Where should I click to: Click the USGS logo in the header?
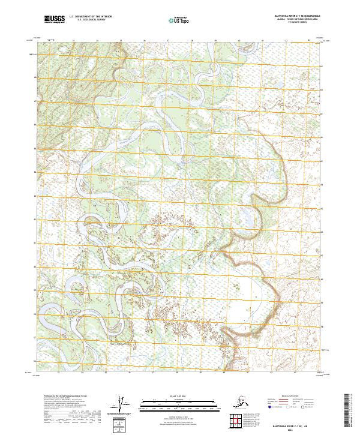(x=55, y=20)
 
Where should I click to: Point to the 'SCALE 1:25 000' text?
(x=172, y=397)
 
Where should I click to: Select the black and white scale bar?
(x=172, y=403)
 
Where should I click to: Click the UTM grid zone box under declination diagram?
(x=119, y=424)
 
